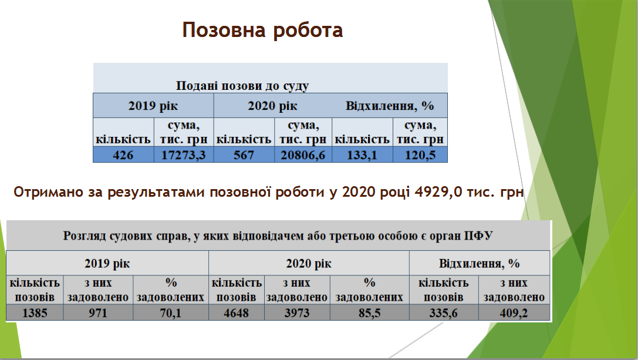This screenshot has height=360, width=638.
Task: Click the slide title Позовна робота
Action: click(262, 30)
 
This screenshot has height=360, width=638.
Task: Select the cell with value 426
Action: click(123, 155)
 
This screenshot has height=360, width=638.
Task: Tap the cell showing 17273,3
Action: click(184, 155)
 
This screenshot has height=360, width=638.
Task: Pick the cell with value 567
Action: click(244, 155)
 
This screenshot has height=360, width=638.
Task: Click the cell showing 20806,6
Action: click(303, 155)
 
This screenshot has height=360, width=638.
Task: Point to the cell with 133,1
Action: click(362, 155)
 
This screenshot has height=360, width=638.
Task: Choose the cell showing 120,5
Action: click(420, 155)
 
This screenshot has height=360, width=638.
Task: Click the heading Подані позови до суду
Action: click(242, 86)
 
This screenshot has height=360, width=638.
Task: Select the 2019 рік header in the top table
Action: click(153, 106)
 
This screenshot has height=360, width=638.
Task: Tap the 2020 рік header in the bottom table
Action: click(309, 264)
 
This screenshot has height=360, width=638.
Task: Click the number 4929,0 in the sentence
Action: click(438, 191)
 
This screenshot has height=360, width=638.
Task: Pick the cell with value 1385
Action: click(35, 313)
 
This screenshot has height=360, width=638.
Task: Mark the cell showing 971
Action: click(98, 313)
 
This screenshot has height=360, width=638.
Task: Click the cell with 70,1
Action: click(170, 313)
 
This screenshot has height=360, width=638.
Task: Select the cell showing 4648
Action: click(237, 313)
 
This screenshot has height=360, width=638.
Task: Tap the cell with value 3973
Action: click(297, 313)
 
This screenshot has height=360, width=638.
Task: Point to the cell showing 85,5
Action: click(369, 313)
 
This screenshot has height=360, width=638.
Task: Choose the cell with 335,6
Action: click(444, 313)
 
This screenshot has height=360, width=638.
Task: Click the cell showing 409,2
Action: click(514, 313)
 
